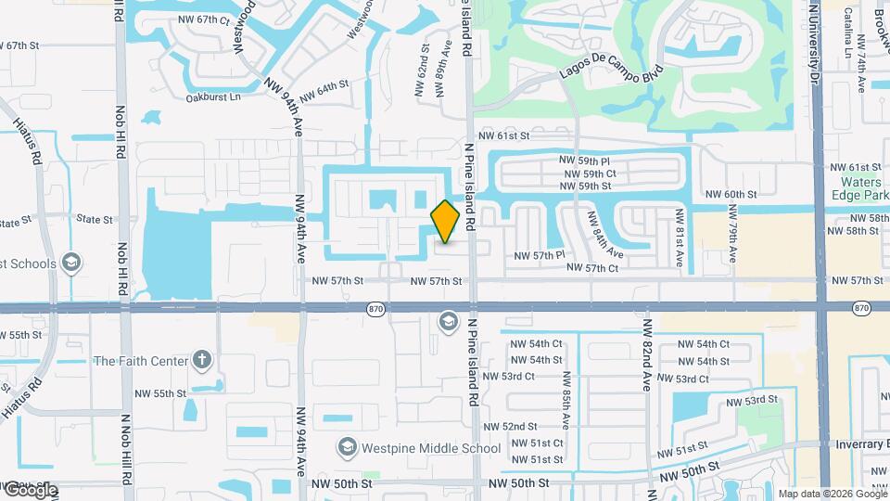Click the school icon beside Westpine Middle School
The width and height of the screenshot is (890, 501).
pos(347,448)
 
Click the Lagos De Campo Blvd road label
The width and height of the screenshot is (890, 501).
pos(613,76)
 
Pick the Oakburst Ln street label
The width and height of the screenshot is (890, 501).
pos(213,96)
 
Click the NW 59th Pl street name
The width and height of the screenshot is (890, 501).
pos(588,161)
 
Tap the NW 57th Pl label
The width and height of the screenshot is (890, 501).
pos(540,255)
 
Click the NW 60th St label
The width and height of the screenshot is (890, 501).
pos(731,194)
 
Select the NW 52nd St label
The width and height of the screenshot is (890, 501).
pos(534,426)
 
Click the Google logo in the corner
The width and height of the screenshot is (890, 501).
pos(29,490)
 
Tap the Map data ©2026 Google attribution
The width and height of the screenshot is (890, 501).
pos(832,494)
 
